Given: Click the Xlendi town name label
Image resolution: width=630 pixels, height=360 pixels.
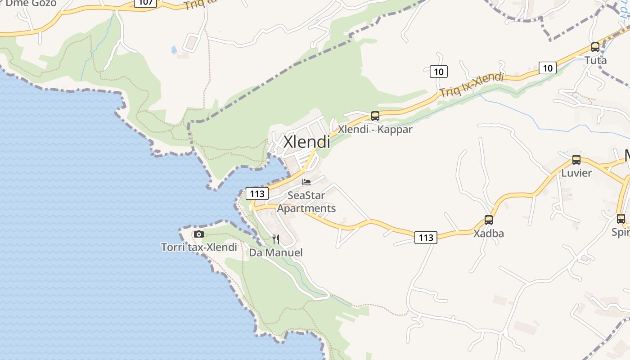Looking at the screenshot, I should click(x=306, y=142).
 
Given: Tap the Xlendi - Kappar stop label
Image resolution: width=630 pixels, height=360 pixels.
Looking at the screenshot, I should click(x=375, y=130).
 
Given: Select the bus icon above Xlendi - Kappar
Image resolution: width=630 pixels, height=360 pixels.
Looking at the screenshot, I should click(x=375, y=116).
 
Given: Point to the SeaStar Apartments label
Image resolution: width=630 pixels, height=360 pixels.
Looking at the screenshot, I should click(x=306, y=202).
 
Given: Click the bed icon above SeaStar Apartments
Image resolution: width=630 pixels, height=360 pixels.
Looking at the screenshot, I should click(x=306, y=182).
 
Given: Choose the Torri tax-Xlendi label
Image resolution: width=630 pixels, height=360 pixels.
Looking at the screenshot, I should click(x=199, y=247).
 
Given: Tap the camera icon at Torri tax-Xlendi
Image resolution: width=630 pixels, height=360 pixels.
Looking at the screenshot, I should click(x=198, y=234).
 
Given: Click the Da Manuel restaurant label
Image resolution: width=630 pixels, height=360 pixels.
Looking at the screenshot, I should click(x=276, y=252).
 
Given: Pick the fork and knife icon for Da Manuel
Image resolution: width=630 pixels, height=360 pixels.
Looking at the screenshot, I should click(x=276, y=239).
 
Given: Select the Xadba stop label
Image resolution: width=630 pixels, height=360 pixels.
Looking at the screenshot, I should click(x=488, y=234).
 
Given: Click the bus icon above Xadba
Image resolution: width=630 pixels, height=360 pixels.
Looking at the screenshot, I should click(x=488, y=220).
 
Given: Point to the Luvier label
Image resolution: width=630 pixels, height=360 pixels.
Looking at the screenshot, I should click(x=576, y=173).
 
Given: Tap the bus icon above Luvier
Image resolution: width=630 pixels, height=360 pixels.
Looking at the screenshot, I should click(x=576, y=159).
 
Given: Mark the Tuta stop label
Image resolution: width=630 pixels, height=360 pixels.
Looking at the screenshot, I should click(x=595, y=60).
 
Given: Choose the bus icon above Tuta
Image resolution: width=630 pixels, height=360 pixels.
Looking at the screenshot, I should click(x=595, y=47).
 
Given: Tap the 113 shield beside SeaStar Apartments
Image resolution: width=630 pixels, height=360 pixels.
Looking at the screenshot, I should click(x=257, y=194).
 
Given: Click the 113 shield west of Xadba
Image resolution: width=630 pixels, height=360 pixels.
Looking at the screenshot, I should click(x=426, y=238).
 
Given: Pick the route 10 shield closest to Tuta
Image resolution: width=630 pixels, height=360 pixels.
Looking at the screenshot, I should click(x=547, y=68).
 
